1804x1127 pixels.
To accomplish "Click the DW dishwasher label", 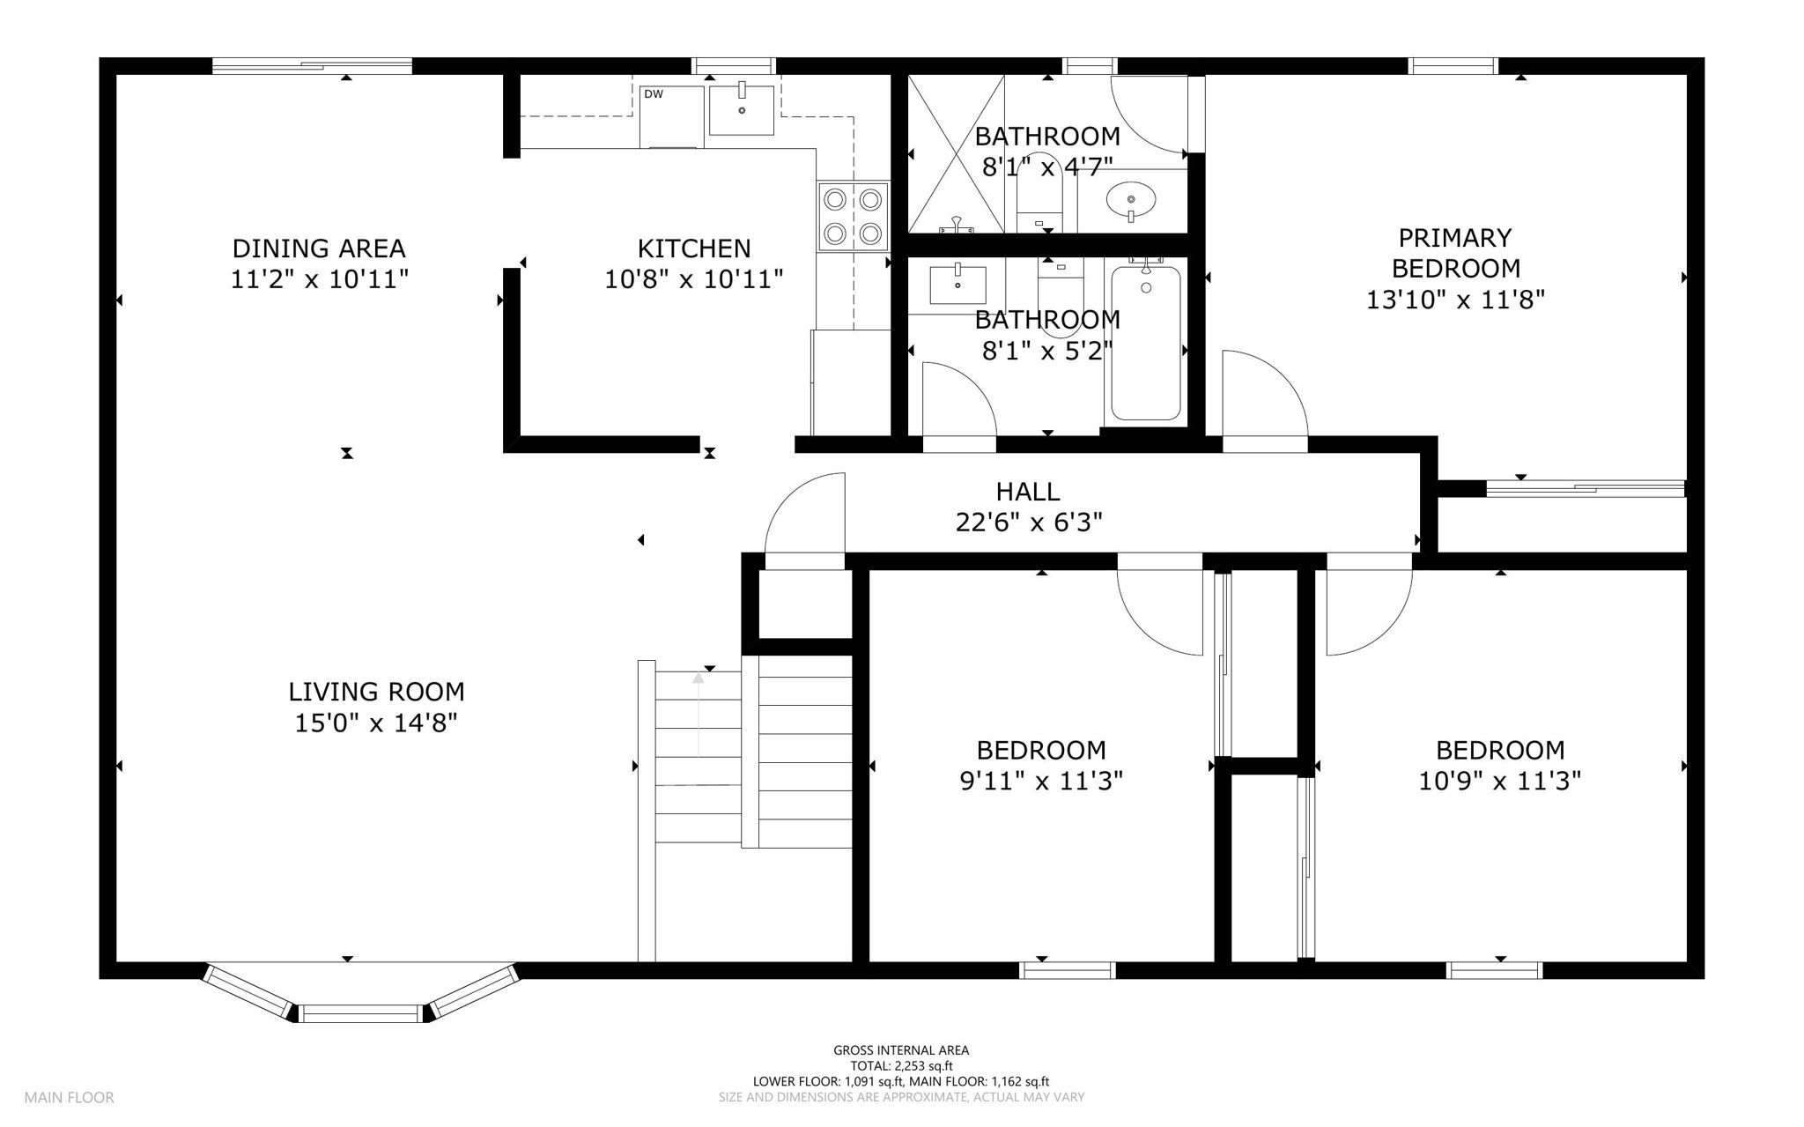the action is click(653, 94).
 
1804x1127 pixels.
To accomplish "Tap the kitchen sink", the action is click(742, 108).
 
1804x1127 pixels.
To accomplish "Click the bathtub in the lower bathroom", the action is click(1145, 343).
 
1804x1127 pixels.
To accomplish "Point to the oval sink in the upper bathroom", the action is click(1130, 200).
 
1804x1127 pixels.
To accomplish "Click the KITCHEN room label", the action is click(694, 248).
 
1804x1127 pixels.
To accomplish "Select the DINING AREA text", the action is click(319, 248).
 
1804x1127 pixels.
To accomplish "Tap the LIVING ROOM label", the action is click(376, 692).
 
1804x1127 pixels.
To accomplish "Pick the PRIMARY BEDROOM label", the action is click(1455, 253).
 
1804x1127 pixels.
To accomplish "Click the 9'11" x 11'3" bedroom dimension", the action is click(1041, 781).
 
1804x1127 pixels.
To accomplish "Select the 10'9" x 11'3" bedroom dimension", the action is click(1500, 781).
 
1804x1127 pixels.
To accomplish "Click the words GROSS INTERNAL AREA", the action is click(901, 1050).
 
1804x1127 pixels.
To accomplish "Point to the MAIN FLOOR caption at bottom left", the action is click(69, 1098).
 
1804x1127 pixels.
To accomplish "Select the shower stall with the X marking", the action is click(956, 153).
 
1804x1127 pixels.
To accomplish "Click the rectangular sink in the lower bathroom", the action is click(957, 283).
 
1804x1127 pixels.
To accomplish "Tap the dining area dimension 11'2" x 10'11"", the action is click(320, 280).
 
